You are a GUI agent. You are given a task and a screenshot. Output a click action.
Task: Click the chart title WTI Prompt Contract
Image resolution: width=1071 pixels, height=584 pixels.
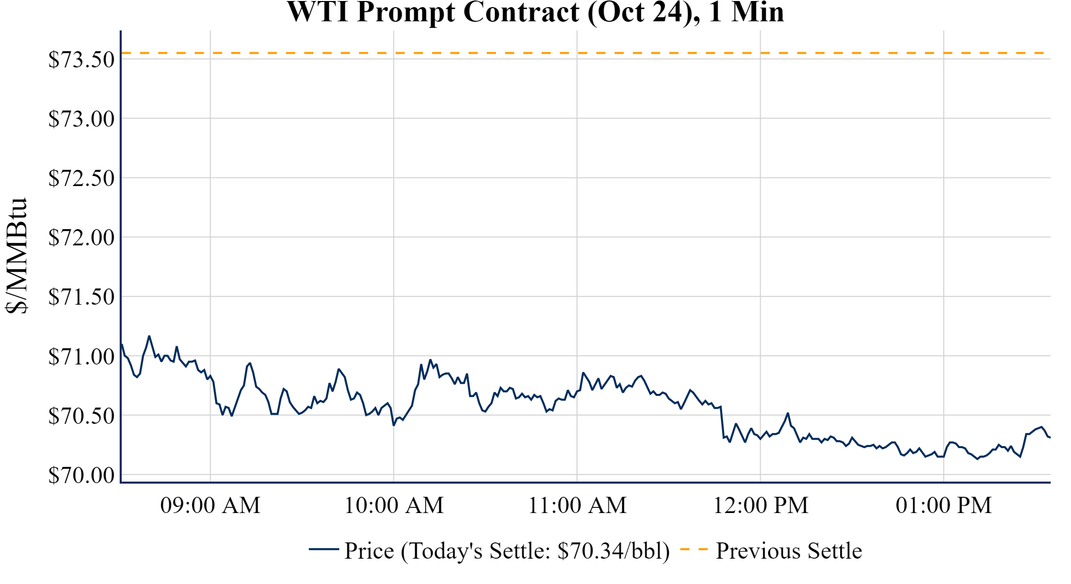click(x=535, y=12)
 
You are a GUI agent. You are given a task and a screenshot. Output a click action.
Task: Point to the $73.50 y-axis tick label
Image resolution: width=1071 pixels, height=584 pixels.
click(x=82, y=60)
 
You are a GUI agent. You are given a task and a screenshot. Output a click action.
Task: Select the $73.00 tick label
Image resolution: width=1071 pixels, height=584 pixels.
click(x=82, y=119)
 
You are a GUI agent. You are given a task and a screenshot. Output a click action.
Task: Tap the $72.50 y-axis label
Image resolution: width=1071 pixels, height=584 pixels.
click(x=82, y=178)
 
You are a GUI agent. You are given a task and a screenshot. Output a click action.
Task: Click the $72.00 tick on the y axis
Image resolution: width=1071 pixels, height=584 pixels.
click(x=82, y=238)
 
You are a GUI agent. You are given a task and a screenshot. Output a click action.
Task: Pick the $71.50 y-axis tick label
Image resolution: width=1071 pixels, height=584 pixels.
click(x=82, y=297)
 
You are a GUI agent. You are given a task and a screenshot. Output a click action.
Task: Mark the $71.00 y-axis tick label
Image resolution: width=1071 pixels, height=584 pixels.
click(x=82, y=357)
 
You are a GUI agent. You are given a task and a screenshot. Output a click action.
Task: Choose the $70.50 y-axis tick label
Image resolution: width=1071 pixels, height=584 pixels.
click(x=82, y=416)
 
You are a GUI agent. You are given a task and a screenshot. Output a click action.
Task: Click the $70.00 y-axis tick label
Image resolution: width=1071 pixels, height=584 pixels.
click(x=82, y=476)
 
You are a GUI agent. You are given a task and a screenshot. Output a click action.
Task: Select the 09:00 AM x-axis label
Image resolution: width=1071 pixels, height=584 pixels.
click(x=210, y=505)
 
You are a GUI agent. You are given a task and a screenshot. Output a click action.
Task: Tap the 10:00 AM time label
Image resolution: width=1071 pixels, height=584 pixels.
click(x=394, y=505)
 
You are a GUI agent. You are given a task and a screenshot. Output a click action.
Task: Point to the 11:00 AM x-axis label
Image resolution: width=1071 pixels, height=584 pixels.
click(x=578, y=505)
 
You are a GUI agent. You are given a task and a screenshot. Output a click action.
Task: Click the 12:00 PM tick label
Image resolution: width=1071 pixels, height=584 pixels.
click(x=761, y=505)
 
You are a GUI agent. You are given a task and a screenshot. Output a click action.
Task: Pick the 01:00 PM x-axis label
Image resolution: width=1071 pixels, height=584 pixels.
click(x=944, y=505)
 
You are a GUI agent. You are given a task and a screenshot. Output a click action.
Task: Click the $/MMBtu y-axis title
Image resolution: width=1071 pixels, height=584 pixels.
click(x=16, y=256)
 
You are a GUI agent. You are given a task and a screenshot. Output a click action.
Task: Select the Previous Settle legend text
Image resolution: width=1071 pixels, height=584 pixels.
click(x=789, y=551)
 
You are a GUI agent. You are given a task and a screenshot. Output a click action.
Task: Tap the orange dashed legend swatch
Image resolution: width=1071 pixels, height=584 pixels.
click(x=693, y=550)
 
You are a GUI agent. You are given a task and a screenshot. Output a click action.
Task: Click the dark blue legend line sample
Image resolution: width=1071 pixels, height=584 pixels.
click(x=324, y=550)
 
